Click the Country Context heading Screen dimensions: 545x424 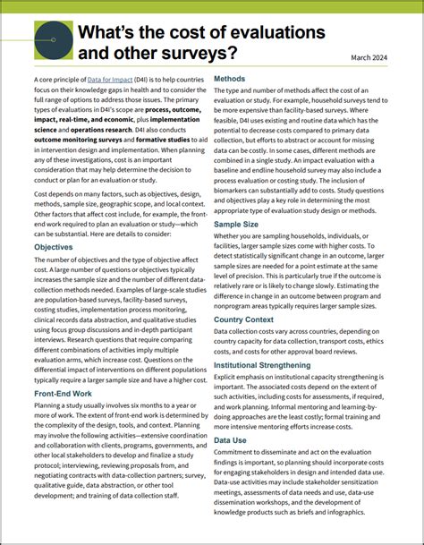click(x=256, y=319)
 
